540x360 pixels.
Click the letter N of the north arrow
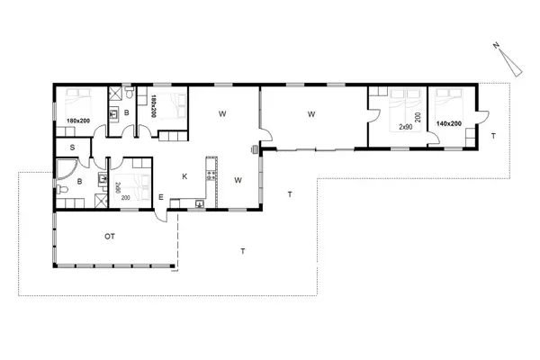coord(495,44)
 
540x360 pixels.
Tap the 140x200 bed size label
coord(448,122)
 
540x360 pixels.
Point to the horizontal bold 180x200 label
coord(78,121)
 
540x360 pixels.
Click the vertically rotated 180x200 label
coord(155,105)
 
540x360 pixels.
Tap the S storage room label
coord(71,148)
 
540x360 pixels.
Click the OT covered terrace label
coord(109,237)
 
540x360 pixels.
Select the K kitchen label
coord(184,176)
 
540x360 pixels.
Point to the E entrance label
coord(160,198)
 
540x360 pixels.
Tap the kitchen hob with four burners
coord(211,164)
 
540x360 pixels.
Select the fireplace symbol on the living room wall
coord(256,149)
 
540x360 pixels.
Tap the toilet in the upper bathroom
coord(131,94)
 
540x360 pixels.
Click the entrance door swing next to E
coord(159,214)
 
